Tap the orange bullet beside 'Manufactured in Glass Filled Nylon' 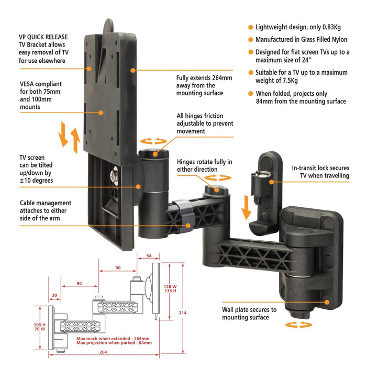(x=250, y=40)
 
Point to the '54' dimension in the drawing (x=149, y=256)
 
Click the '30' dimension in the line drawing (x=54, y=295)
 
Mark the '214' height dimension (x=182, y=313)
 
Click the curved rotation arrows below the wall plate (x=298, y=325)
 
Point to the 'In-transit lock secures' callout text (x=320, y=168)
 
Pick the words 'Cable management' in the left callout (x=46, y=203)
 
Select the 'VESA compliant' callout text (x=41, y=83)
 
